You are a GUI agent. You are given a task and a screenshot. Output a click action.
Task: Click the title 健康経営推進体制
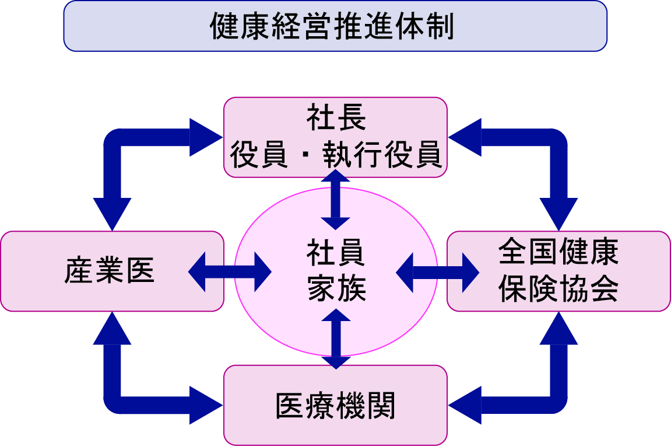[x=335, y=26]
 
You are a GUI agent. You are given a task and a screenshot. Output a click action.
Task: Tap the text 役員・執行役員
[x=336, y=154]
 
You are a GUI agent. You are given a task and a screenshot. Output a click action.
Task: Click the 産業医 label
[x=110, y=272]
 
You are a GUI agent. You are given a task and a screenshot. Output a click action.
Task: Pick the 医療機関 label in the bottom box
[x=336, y=406]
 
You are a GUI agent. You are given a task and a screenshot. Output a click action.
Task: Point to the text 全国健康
[x=558, y=252]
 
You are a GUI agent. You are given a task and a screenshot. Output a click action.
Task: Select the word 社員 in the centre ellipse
[x=336, y=255]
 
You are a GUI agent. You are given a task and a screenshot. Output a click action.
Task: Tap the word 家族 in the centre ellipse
[x=336, y=288]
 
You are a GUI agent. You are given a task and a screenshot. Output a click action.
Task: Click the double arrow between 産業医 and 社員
[x=230, y=271]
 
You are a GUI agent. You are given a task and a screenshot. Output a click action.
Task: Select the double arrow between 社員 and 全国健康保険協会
[x=437, y=271]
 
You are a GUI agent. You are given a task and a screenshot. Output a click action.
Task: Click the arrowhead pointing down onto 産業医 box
[x=112, y=213]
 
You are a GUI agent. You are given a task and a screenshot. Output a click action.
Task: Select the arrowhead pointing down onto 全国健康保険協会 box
[x=558, y=213]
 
